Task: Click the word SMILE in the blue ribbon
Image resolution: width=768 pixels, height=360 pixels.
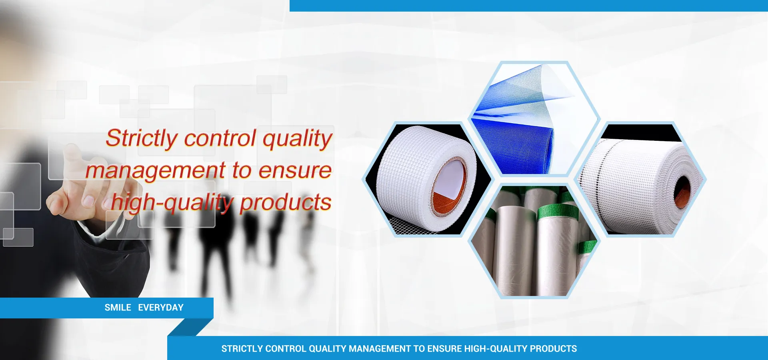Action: [x=118, y=308]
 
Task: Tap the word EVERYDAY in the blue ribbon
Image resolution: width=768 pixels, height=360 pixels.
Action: [x=161, y=308]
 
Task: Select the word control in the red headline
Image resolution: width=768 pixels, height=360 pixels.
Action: [x=220, y=138]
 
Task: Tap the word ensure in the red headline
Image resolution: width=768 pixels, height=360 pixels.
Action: [x=295, y=171]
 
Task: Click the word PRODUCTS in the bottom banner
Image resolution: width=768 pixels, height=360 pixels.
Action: [x=553, y=349]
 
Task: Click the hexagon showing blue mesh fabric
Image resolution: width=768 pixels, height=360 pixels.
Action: [x=534, y=119]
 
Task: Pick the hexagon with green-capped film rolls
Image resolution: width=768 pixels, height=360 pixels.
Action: [x=534, y=241]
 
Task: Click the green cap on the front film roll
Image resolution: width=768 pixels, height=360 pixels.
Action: [x=555, y=212]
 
